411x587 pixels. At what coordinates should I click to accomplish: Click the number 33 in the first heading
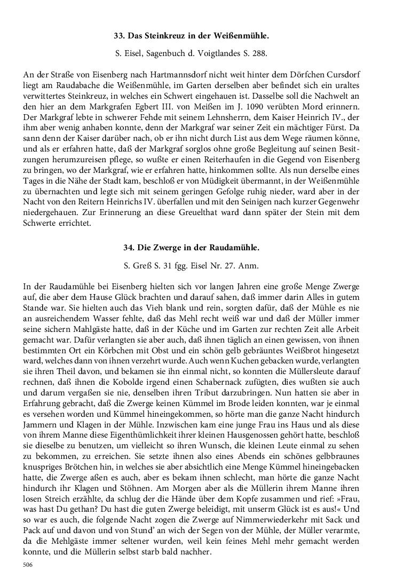point(118,36)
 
